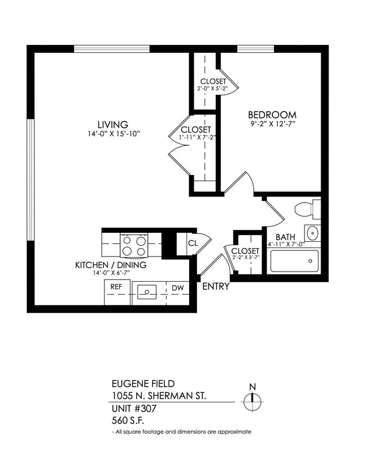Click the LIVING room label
(x=113, y=125)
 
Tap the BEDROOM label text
(x=273, y=115)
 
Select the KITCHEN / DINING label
(x=111, y=265)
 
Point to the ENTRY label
(x=216, y=287)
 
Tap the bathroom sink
(x=312, y=233)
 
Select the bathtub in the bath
(x=294, y=261)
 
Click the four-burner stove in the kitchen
(x=134, y=245)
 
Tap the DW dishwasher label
(x=177, y=288)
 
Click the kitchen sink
(x=148, y=291)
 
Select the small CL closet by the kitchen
(x=193, y=244)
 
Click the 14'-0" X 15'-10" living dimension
(x=113, y=134)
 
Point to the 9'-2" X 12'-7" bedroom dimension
(x=273, y=124)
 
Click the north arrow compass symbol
(x=252, y=399)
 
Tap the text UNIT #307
(x=134, y=408)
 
